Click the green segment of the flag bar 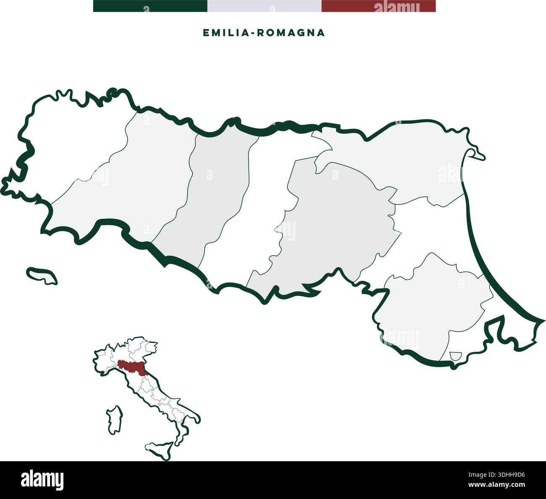pos(150,6)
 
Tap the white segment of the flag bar pos(264,6)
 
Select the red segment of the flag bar pos(378,6)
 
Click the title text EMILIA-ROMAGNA pos(264,33)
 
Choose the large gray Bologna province pos(336,218)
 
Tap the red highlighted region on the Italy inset pos(133,366)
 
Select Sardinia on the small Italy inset pos(115,419)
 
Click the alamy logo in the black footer pos(42,480)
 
